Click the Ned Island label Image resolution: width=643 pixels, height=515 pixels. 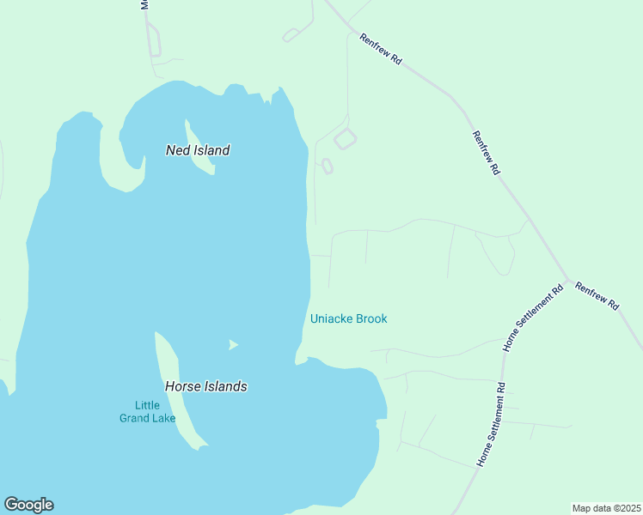coord(198,150)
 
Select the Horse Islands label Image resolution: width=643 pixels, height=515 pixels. coord(206,386)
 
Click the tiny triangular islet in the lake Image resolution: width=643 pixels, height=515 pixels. coord(232,345)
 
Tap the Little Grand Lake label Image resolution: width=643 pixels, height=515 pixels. coord(148,412)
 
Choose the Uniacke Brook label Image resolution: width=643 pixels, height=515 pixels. coord(348,318)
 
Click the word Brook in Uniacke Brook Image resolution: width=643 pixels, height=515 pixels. coord(370,318)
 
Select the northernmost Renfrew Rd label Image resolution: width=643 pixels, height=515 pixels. coord(381,50)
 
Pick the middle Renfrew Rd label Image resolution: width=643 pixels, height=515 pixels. coord(486,153)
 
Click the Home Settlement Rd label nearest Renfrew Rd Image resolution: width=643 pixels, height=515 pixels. coord(533,318)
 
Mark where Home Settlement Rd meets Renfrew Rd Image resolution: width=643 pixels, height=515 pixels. coord(567,281)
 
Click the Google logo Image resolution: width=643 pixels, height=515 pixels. coord(28,505)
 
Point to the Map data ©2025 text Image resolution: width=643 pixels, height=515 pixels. coord(606,507)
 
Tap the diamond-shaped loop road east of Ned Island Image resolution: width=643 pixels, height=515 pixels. coord(345,138)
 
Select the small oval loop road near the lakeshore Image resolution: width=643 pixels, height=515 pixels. coord(327,166)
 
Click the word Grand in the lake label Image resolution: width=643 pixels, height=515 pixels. coord(148,418)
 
